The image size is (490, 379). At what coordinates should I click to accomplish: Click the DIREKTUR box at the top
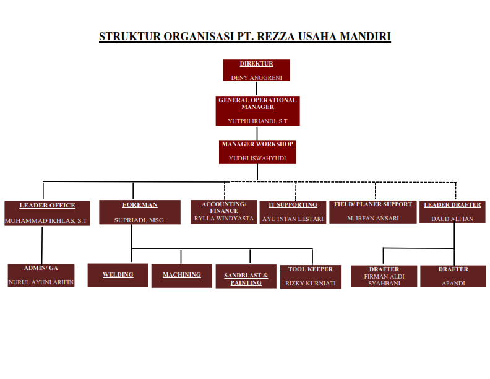coord(257,71)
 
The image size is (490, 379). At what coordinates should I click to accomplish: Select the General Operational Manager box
coord(258,111)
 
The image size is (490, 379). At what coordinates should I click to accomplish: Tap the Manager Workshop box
coord(257,152)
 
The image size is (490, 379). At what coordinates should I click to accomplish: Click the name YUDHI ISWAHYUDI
coord(257,159)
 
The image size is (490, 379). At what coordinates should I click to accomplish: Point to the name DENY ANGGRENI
coord(257,77)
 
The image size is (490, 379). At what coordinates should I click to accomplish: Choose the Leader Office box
coord(47,213)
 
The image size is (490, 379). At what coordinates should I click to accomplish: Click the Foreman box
coord(140,212)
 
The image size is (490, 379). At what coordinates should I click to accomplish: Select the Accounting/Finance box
coord(224,212)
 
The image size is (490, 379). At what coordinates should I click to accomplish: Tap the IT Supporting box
coord(293,212)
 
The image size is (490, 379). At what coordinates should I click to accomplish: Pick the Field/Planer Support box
coord(373,212)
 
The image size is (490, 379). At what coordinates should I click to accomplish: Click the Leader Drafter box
coord(452,212)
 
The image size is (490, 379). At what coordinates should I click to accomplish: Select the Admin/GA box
coord(41,276)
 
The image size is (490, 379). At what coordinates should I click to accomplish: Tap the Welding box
coord(118,275)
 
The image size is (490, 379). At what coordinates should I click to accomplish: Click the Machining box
coord(182,276)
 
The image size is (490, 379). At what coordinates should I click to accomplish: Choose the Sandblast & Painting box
coord(246,276)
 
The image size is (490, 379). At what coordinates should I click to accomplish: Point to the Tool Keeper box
coord(311,277)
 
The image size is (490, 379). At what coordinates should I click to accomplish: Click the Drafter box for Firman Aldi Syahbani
coord(384,276)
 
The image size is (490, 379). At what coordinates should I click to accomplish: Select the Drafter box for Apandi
coord(453,276)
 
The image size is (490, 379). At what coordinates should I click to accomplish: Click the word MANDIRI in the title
coord(365,37)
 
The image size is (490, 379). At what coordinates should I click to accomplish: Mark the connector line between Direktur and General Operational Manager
coord(257,89)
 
